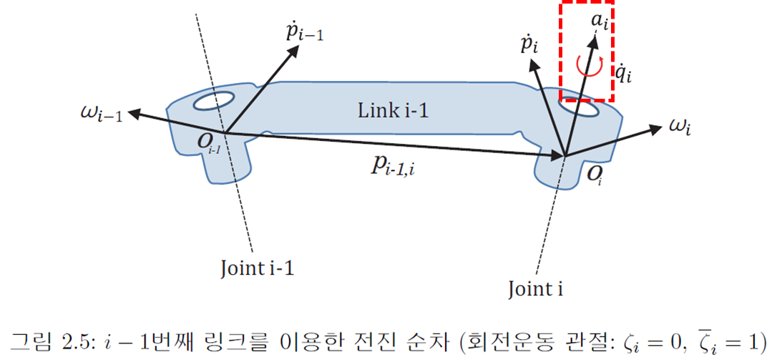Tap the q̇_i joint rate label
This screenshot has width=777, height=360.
tap(624, 74)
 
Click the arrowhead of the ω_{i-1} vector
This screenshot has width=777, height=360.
tap(134, 112)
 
